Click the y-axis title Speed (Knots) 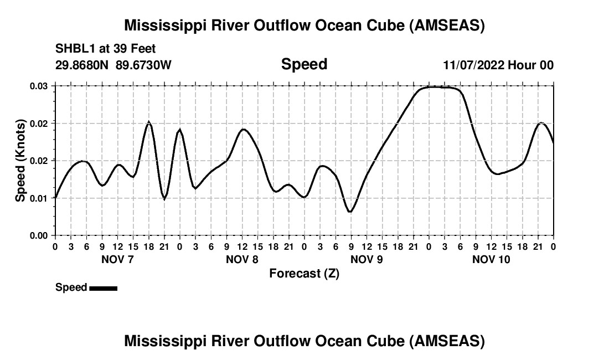tap(20, 160)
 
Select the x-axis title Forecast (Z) tap(304, 273)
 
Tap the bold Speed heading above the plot tap(304, 64)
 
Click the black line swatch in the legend tap(103, 288)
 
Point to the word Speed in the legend tap(71, 287)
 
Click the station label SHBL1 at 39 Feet tap(106, 48)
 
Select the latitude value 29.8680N tap(82, 65)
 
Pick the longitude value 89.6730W tap(144, 65)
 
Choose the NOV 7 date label tap(117, 259)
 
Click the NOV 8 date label tap(242, 259)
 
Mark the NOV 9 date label tap(367, 259)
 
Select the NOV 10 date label tap(491, 259)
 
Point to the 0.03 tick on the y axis tap(39, 86)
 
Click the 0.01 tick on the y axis tap(39, 198)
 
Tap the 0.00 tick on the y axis tap(39, 235)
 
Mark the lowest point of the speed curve tap(349, 212)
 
